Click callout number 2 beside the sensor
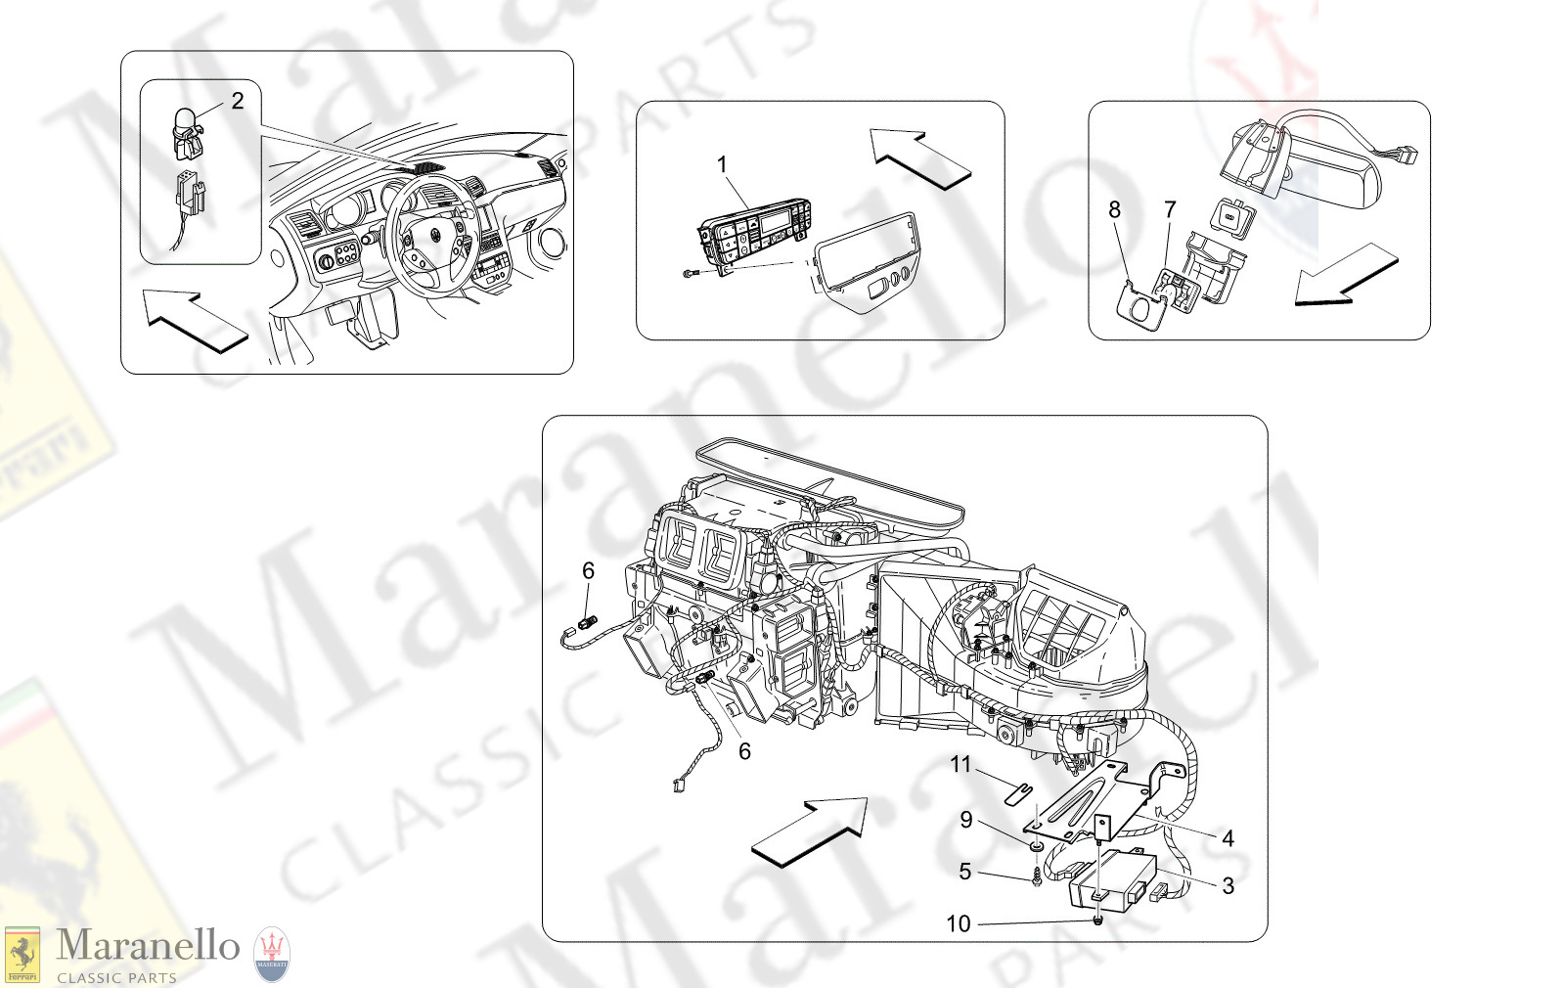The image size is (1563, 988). (x=237, y=101)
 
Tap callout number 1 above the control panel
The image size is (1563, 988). (x=722, y=164)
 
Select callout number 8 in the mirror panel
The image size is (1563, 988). (x=1114, y=209)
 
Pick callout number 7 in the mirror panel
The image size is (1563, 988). (x=1170, y=209)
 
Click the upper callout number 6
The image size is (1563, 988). (x=588, y=570)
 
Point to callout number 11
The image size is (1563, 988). (x=960, y=764)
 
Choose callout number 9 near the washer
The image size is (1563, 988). (x=966, y=820)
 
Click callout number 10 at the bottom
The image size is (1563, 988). (x=959, y=923)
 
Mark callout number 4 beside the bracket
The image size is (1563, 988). (x=1228, y=838)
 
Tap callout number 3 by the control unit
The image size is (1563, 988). (x=1228, y=885)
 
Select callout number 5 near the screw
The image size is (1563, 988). (x=964, y=871)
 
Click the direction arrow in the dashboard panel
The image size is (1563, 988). (x=194, y=321)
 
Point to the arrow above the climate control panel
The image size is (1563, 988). (x=919, y=157)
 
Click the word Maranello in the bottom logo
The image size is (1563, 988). (x=148, y=946)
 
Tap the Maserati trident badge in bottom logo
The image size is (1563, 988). (x=272, y=954)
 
